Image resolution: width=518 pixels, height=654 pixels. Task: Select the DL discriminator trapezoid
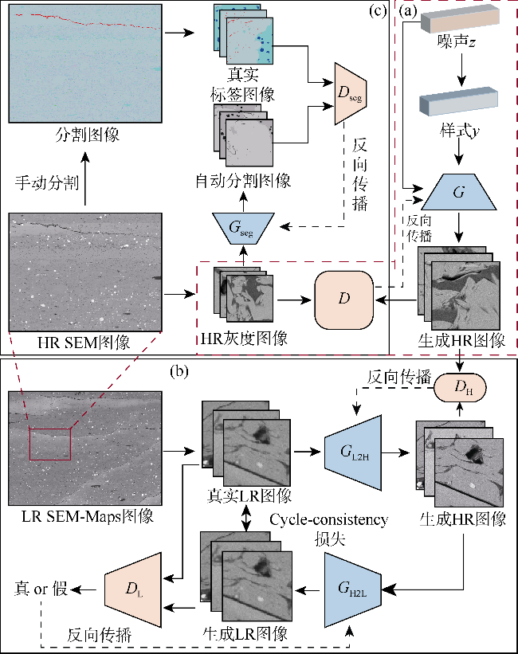133,590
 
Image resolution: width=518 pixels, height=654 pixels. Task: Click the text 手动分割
46,183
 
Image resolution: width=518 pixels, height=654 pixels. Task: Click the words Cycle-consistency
329,520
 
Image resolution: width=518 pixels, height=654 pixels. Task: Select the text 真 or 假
40,590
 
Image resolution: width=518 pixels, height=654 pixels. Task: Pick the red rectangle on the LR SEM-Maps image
50,444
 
